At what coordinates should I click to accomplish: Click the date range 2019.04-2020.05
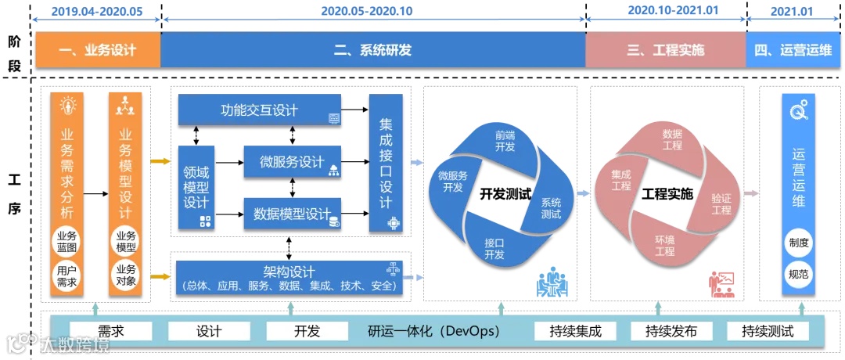click(97, 11)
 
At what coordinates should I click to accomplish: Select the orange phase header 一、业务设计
click(97, 51)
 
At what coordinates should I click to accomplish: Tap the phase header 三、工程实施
click(665, 51)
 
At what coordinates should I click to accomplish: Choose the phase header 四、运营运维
click(793, 51)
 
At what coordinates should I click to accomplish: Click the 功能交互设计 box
click(259, 110)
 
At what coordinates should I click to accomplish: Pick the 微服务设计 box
click(292, 162)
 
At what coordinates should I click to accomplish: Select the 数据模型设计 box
click(292, 214)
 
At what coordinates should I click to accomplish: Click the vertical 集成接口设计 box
click(385, 163)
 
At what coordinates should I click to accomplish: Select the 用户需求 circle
click(67, 275)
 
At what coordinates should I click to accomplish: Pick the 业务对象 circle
click(125, 275)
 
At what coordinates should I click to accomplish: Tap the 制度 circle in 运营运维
click(798, 243)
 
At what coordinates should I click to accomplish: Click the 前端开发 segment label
click(505, 141)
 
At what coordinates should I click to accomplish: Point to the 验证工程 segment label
click(721, 204)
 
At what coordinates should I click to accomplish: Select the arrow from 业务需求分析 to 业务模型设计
click(95, 193)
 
